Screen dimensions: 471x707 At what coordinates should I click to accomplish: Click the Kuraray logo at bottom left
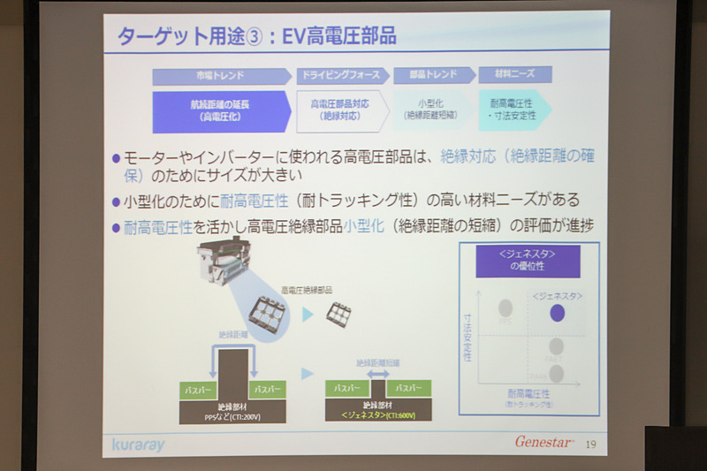pos(139,444)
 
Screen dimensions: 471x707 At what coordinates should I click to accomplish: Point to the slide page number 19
pos(590,444)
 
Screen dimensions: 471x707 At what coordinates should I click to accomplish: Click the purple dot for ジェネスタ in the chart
pos(557,312)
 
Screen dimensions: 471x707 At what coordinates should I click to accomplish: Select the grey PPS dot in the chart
pos(506,308)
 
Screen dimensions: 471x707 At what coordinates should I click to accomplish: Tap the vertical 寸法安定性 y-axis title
pos(468,338)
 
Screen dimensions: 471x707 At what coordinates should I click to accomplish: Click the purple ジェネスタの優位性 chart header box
pos(528,262)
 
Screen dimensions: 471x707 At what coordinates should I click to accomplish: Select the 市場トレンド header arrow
pos(221,76)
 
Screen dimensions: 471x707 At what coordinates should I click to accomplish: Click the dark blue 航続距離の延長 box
pos(221,110)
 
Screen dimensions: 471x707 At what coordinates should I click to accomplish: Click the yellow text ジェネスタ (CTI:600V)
pos(377,414)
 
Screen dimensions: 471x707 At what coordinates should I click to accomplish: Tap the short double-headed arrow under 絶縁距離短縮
pos(377,375)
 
